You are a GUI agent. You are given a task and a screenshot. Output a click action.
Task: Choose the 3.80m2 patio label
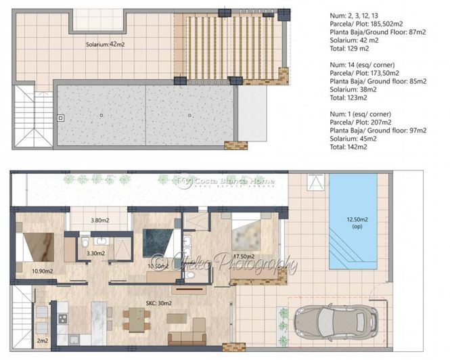click(x=99, y=219)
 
